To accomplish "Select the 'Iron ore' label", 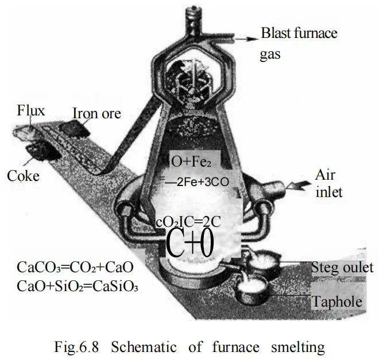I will point(96,113).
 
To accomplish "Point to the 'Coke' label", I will point(24,175).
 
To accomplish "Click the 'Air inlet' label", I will point(329,183).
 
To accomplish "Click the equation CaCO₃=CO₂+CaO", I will point(76,268).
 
